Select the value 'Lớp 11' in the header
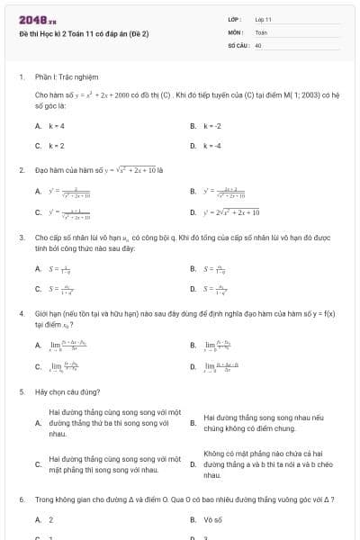pos(263,19)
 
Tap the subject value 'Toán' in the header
pos(261,31)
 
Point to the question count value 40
pos(258,44)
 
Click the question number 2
pos(21,169)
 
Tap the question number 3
pos(21,238)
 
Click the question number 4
pos(21,313)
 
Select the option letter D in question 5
pos(193,464)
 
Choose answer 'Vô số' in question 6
pos(212,519)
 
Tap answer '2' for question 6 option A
pos(50,519)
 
